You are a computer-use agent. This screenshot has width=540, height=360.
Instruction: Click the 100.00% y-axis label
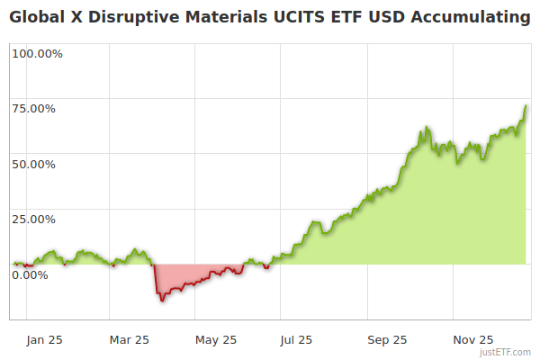click(38, 54)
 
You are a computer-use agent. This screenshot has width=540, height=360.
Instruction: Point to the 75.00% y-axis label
click(34, 109)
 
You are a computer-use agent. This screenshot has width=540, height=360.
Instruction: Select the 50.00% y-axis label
click(34, 165)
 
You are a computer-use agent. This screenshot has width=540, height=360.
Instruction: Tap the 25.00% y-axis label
click(34, 220)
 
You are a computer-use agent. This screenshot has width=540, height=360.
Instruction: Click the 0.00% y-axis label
click(31, 274)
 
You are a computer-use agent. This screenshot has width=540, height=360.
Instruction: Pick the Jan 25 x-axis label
click(44, 340)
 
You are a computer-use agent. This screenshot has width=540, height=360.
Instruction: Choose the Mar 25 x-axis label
click(129, 340)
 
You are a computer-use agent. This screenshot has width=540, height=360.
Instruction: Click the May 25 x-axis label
click(216, 340)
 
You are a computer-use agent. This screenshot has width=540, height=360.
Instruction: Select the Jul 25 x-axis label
click(297, 340)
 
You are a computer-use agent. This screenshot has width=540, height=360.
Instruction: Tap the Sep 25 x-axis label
click(387, 340)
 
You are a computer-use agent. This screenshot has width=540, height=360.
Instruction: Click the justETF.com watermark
click(506, 353)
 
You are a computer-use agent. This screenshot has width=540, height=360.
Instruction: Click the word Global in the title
click(36, 17)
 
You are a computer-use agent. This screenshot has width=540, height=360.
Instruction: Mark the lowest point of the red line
click(161, 301)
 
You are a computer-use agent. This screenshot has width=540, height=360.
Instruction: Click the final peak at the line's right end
click(526, 105)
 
